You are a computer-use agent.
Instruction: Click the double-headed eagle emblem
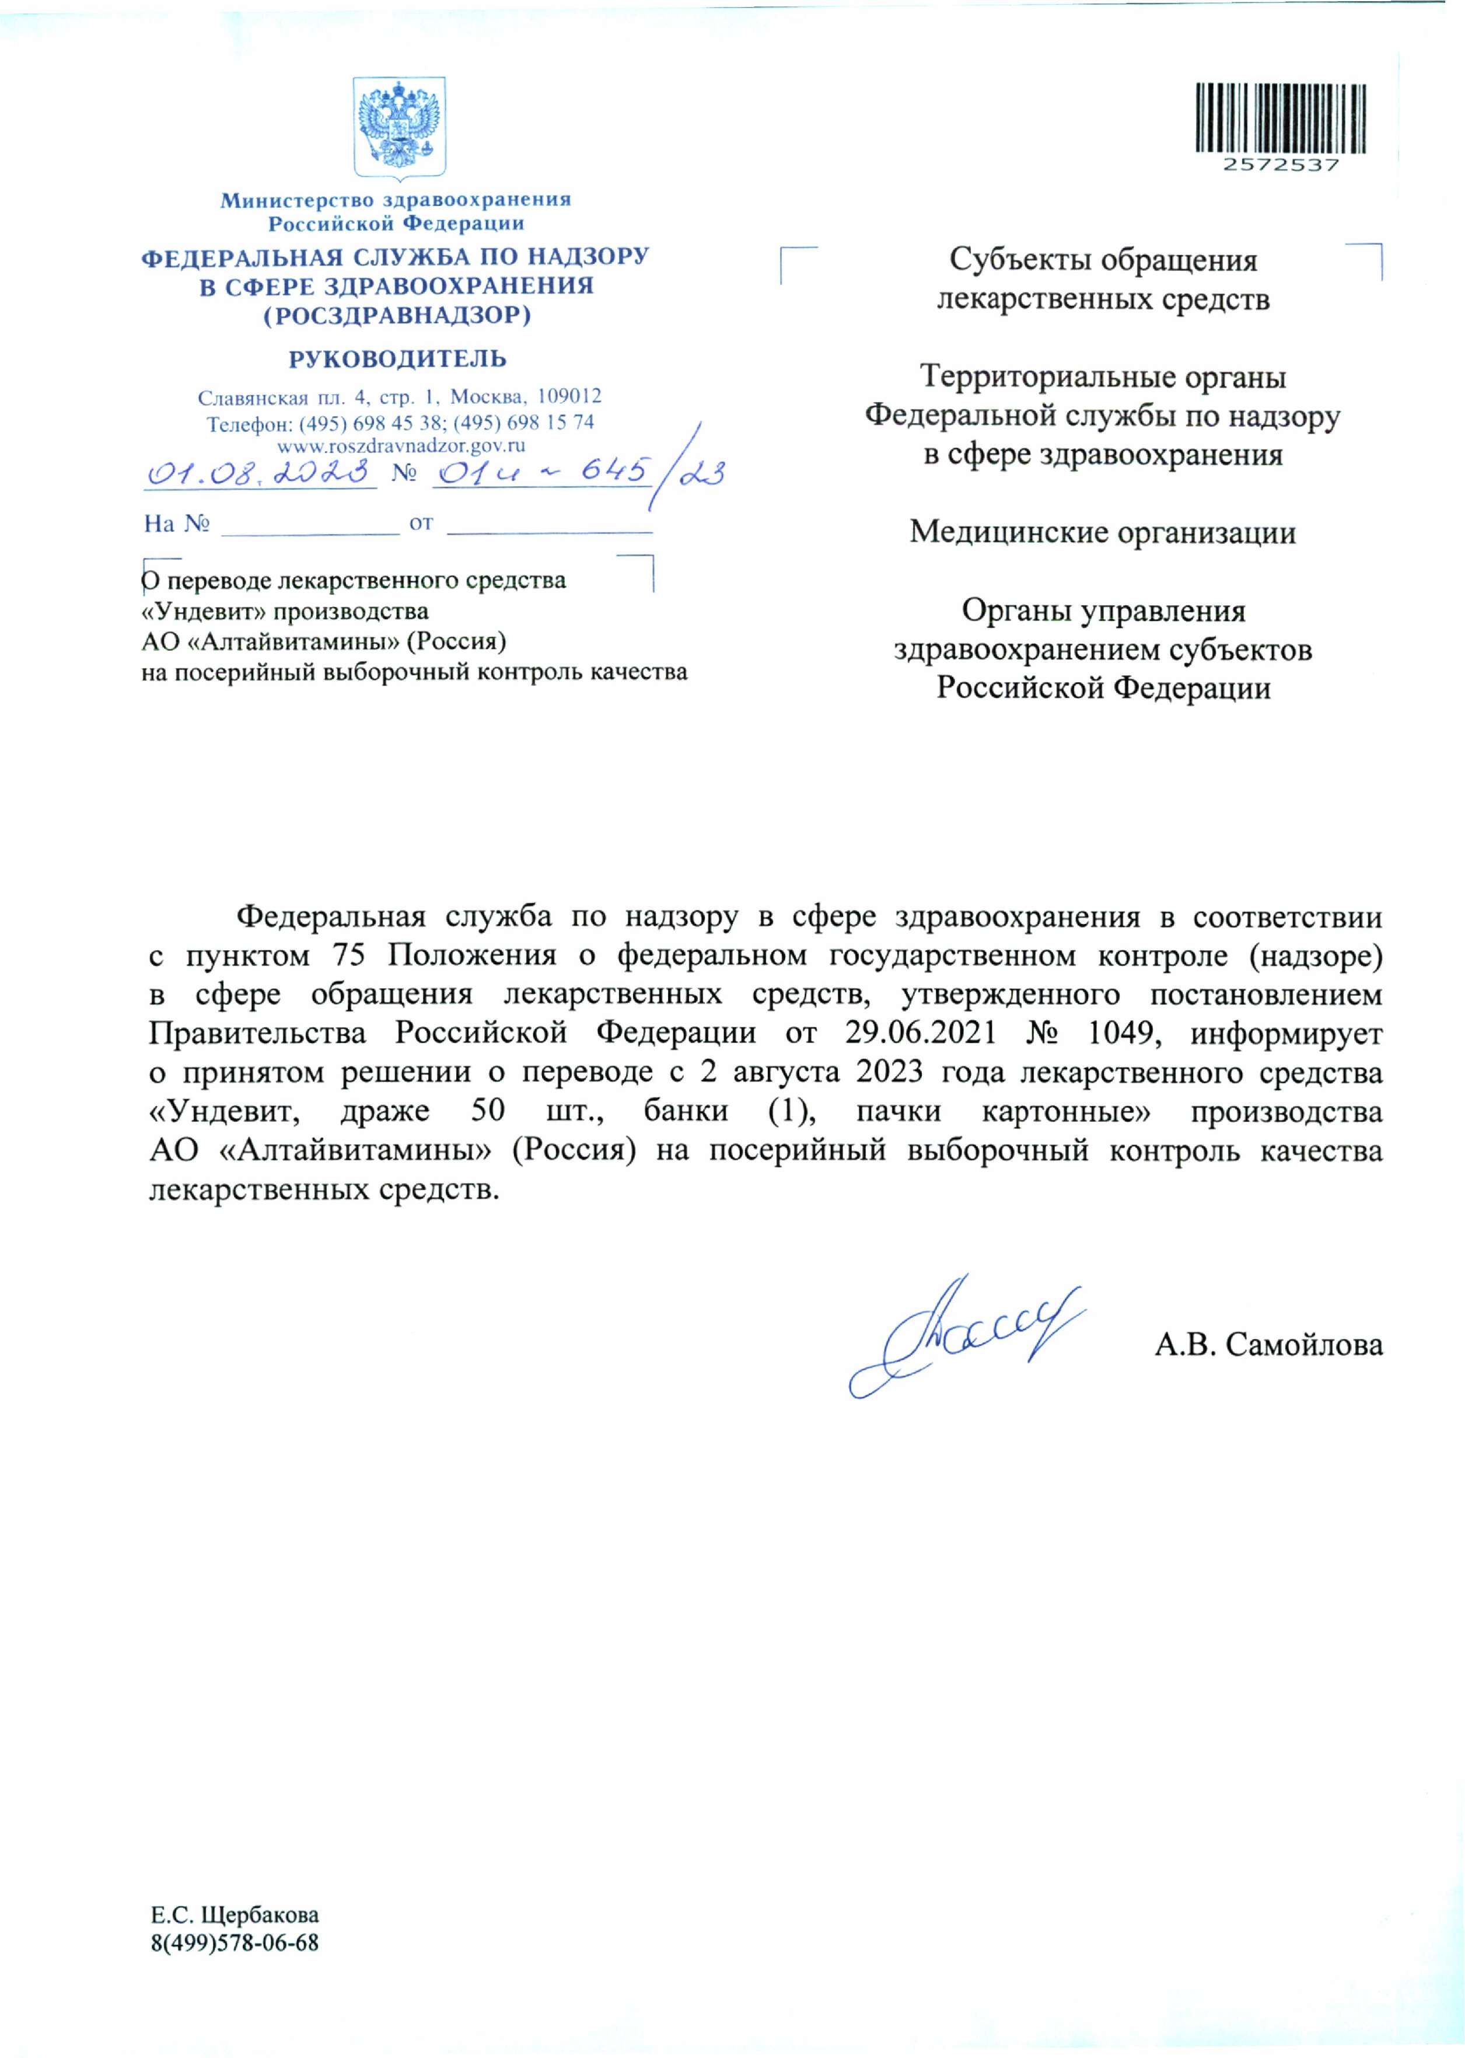398,126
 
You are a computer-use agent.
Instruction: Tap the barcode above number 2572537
1281,117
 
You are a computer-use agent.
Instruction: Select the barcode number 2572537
1281,165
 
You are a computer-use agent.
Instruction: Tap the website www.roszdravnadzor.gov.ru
401,444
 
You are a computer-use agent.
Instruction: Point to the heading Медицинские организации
1102,532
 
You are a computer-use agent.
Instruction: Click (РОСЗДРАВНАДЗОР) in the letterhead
397,316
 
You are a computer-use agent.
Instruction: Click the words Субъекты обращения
1102,261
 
